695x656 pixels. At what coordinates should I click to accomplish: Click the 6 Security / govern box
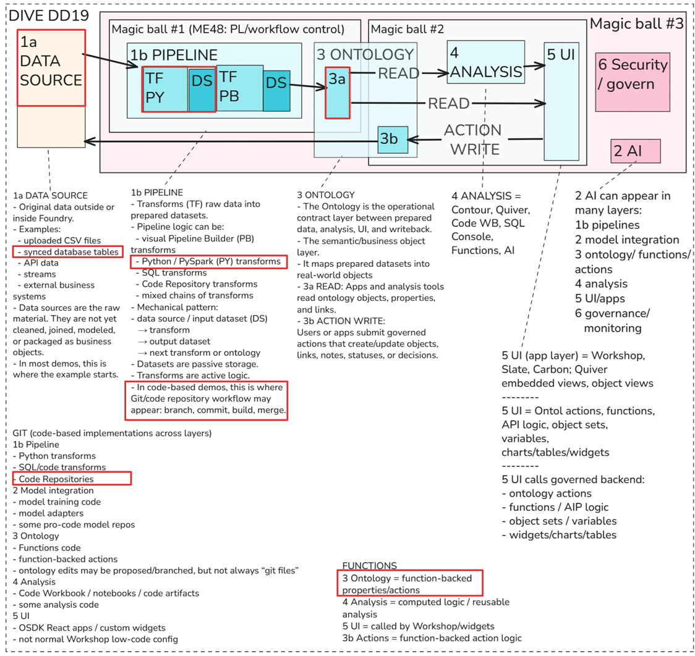[x=633, y=82]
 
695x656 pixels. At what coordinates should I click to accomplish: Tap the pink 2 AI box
[x=635, y=151]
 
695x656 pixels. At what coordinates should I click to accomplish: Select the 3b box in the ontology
[x=393, y=140]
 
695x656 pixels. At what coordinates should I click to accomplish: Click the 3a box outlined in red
[x=338, y=93]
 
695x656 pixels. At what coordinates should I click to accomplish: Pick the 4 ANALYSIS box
[x=486, y=62]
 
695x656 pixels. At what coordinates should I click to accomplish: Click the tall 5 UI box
[x=561, y=101]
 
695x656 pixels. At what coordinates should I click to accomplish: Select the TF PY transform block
[x=165, y=89]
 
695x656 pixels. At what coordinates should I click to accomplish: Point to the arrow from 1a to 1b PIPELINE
[x=111, y=61]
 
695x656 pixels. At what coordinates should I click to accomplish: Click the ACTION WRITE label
[x=474, y=140]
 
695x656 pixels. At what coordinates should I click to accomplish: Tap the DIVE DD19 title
[x=49, y=15]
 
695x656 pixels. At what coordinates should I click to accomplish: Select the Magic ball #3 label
[x=636, y=23]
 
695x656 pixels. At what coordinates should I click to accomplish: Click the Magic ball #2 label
[x=407, y=29]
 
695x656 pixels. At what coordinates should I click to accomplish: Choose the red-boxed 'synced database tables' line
[x=68, y=252]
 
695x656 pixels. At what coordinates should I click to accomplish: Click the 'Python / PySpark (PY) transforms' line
[x=208, y=262]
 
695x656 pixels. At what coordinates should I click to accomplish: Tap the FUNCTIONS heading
[x=369, y=566]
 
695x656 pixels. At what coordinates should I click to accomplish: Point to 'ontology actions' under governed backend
[x=547, y=494]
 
